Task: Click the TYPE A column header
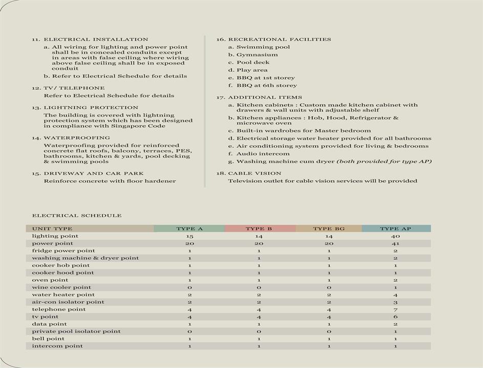pos(190,229)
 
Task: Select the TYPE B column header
pos(259,229)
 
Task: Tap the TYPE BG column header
pos(329,229)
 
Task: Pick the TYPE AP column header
pos(395,229)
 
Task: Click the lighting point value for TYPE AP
pos(395,236)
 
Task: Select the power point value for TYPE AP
pos(395,243)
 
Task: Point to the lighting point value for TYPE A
pos(190,236)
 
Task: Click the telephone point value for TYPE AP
pos(395,309)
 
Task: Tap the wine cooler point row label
pos(61,287)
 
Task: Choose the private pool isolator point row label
pos(76,332)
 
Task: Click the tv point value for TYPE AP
pos(395,317)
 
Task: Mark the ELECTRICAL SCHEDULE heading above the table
pos(77,216)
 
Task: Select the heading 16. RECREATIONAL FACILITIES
pos(274,40)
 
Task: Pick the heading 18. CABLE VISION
pos(248,173)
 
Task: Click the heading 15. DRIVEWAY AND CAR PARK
pos(88,173)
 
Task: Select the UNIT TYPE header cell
pos(52,229)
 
